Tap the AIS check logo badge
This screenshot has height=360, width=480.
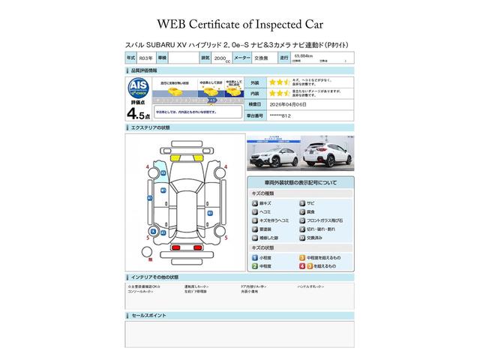[x=138, y=85]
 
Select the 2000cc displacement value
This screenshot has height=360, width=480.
[x=222, y=57]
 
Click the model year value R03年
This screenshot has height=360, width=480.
[x=148, y=57]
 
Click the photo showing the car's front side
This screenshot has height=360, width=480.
[x=272, y=154]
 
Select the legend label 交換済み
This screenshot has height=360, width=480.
[x=315, y=238]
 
